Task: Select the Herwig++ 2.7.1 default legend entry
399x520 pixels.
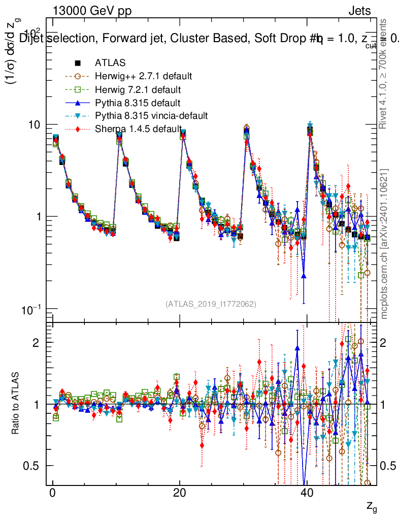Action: pos(143,77)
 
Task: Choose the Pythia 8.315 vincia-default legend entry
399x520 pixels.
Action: pos(151,116)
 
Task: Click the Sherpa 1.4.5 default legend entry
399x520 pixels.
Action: pos(138,129)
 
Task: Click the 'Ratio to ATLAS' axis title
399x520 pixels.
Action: pos(17,404)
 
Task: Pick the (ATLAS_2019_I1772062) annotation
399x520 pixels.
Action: pos(211,304)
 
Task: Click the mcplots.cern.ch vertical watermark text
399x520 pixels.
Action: pos(384,244)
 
